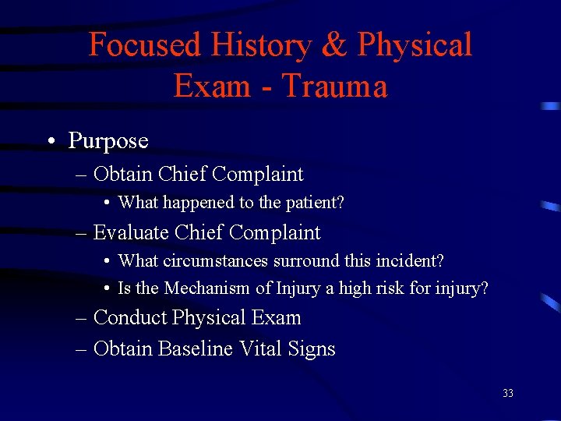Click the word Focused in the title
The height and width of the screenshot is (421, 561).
pos(144,45)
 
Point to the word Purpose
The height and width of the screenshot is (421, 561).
pos(108,141)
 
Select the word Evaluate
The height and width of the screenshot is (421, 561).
pos(132,232)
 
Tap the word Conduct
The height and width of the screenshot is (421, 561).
pos(130,318)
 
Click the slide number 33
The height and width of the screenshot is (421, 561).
pos(508,394)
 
